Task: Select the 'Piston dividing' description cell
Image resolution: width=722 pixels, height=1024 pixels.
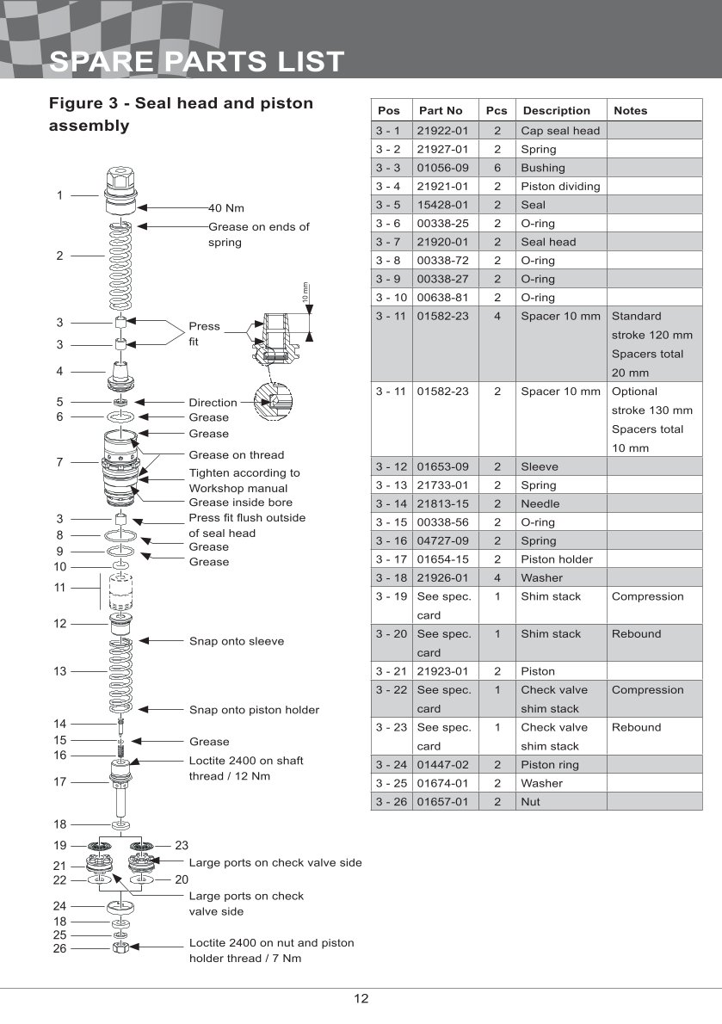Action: coord(560,186)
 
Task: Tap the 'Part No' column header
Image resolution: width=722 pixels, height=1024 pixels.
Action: coord(441,111)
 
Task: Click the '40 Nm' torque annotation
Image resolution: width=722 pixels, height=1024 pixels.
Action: coord(226,207)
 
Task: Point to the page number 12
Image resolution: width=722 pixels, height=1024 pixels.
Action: coord(361,999)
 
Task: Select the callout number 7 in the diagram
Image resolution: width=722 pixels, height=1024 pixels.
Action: coord(59,462)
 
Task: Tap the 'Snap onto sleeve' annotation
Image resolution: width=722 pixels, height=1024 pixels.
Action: coord(236,641)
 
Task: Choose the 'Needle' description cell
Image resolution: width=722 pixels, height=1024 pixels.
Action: coord(540,503)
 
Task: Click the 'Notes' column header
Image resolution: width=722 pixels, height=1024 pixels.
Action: coord(631,111)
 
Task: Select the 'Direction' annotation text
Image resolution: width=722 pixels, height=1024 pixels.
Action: coord(213,403)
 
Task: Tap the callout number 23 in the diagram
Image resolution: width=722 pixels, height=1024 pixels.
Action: coord(182,846)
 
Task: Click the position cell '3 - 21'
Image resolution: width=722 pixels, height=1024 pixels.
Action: coord(391,671)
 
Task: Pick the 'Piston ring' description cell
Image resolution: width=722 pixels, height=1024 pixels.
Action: coord(549,765)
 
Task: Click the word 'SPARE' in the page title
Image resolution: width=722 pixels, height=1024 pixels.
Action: coord(102,63)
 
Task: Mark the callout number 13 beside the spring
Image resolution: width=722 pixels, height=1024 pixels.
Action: coord(59,671)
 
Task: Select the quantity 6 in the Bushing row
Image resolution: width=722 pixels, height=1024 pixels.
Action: coord(497,168)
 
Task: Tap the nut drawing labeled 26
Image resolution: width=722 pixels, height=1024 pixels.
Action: coord(121,948)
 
